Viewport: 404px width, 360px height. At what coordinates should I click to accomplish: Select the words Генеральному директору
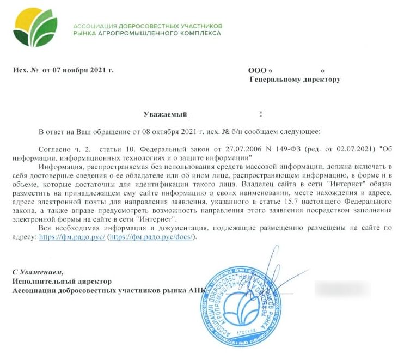(x=295, y=80)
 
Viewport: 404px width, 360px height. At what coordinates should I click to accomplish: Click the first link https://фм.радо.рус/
(x=72, y=237)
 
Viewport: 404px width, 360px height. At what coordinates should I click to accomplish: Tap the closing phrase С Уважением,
(x=38, y=271)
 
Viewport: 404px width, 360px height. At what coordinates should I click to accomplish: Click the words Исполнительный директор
(x=62, y=281)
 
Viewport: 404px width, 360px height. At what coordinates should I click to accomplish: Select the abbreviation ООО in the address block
(x=257, y=70)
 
